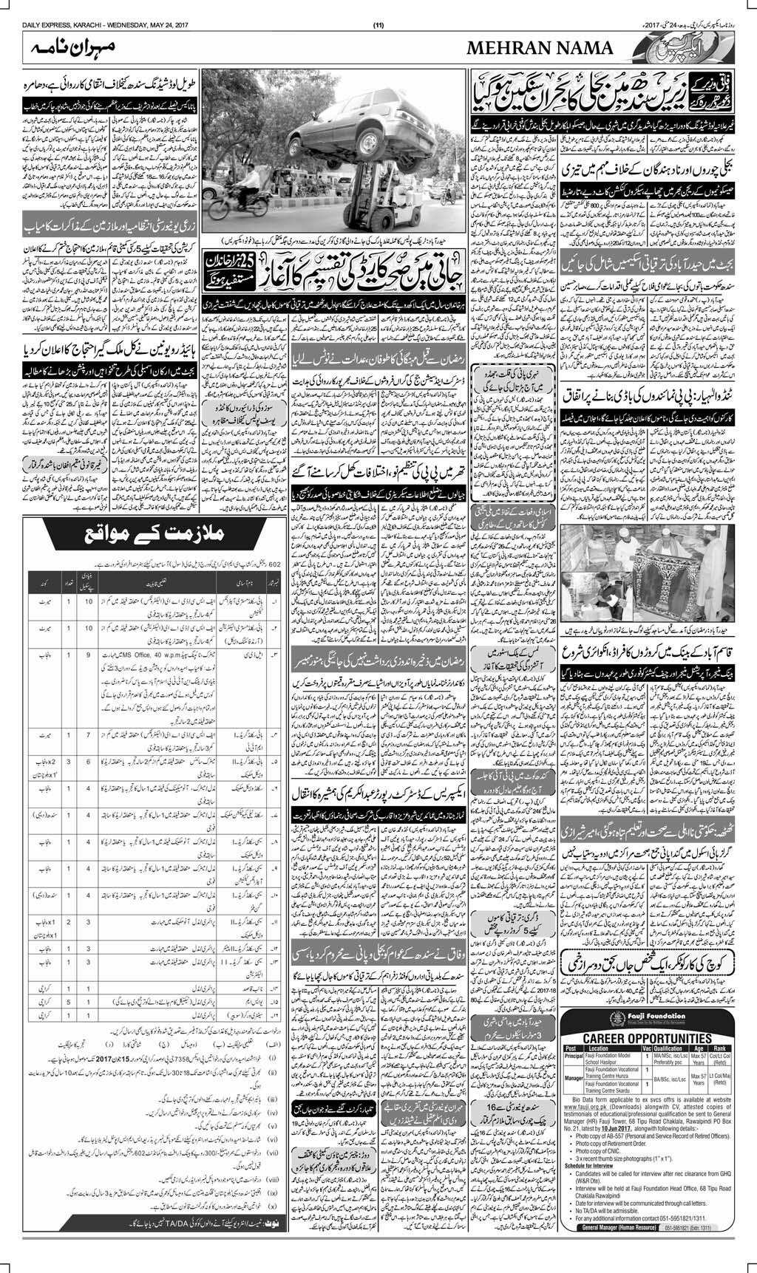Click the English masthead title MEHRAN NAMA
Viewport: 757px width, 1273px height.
[x=540, y=50]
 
